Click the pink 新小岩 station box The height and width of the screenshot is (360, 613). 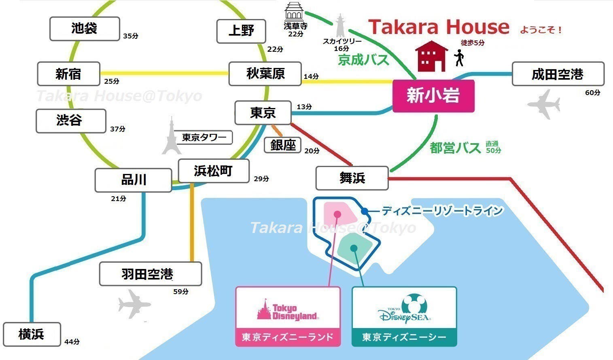(x=433, y=96)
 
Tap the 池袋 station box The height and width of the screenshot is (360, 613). (x=85, y=29)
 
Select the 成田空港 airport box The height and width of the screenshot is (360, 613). (x=558, y=74)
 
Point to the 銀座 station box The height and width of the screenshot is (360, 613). (x=283, y=145)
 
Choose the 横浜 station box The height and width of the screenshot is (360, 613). (x=32, y=334)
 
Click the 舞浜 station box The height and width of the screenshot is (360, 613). (x=352, y=178)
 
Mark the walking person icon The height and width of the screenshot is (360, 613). (x=459, y=58)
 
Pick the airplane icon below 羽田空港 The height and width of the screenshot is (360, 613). (x=134, y=303)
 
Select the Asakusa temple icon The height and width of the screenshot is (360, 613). (x=294, y=12)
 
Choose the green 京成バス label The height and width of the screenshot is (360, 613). (x=363, y=60)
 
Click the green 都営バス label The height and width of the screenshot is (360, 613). (x=455, y=148)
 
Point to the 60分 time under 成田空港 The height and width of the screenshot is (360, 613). (x=592, y=93)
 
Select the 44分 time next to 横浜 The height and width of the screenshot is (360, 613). (x=72, y=342)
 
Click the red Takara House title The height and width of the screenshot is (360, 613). (x=439, y=27)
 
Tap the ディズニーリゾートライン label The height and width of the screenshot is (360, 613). (x=442, y=211)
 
